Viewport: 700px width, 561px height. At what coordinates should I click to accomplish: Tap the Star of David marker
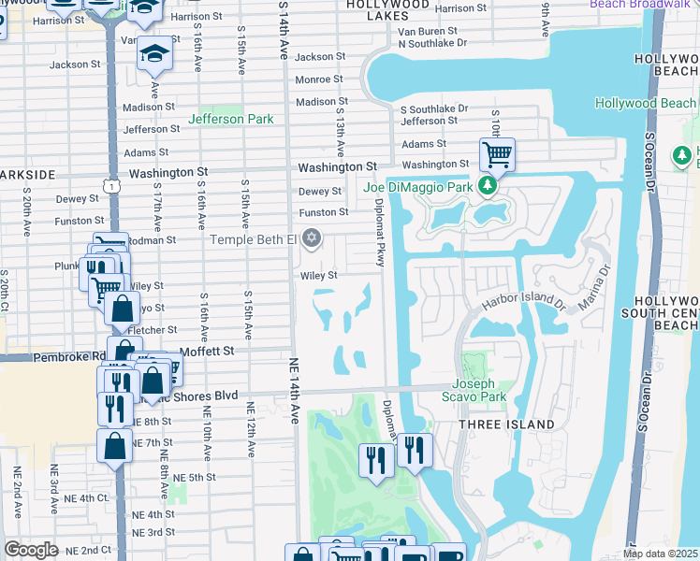click(x=312, y=240)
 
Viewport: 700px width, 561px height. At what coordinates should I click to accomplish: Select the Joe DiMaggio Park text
click(x=418, y=187)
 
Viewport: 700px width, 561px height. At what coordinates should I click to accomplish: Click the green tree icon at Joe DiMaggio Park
click(x=487, y=187)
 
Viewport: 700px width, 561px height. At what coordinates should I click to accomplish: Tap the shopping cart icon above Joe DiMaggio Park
click(x=497, y=153)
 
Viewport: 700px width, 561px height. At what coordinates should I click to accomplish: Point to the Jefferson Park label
click(x=231, y=119)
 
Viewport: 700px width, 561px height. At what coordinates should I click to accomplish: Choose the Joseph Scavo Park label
click(x=477, y=390)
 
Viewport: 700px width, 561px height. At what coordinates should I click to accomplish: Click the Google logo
click(x=31, y=550)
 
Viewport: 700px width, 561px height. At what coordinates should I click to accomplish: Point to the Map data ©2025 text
click(x=660, y=554)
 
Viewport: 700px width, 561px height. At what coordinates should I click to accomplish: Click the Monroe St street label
click(x=319, y=79)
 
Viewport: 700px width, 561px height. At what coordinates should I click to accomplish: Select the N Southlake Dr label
click(x=431, y=43)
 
